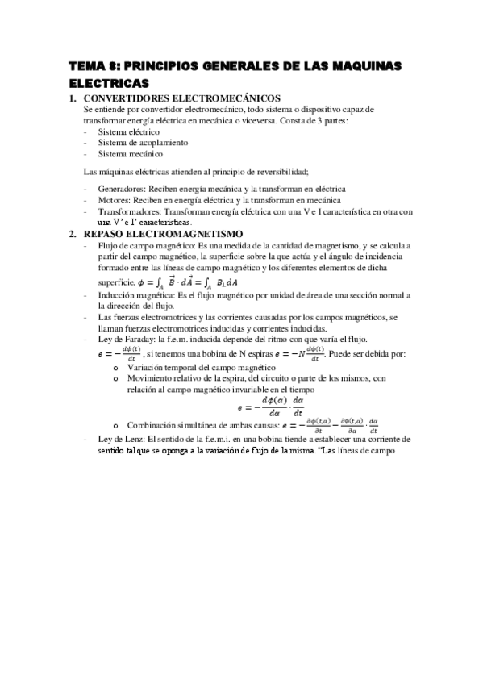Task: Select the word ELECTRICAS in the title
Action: coord(109,83)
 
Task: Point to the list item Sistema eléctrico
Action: coord(129,131)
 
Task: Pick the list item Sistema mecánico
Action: coord(130,153)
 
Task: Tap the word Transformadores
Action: coord(127,211)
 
